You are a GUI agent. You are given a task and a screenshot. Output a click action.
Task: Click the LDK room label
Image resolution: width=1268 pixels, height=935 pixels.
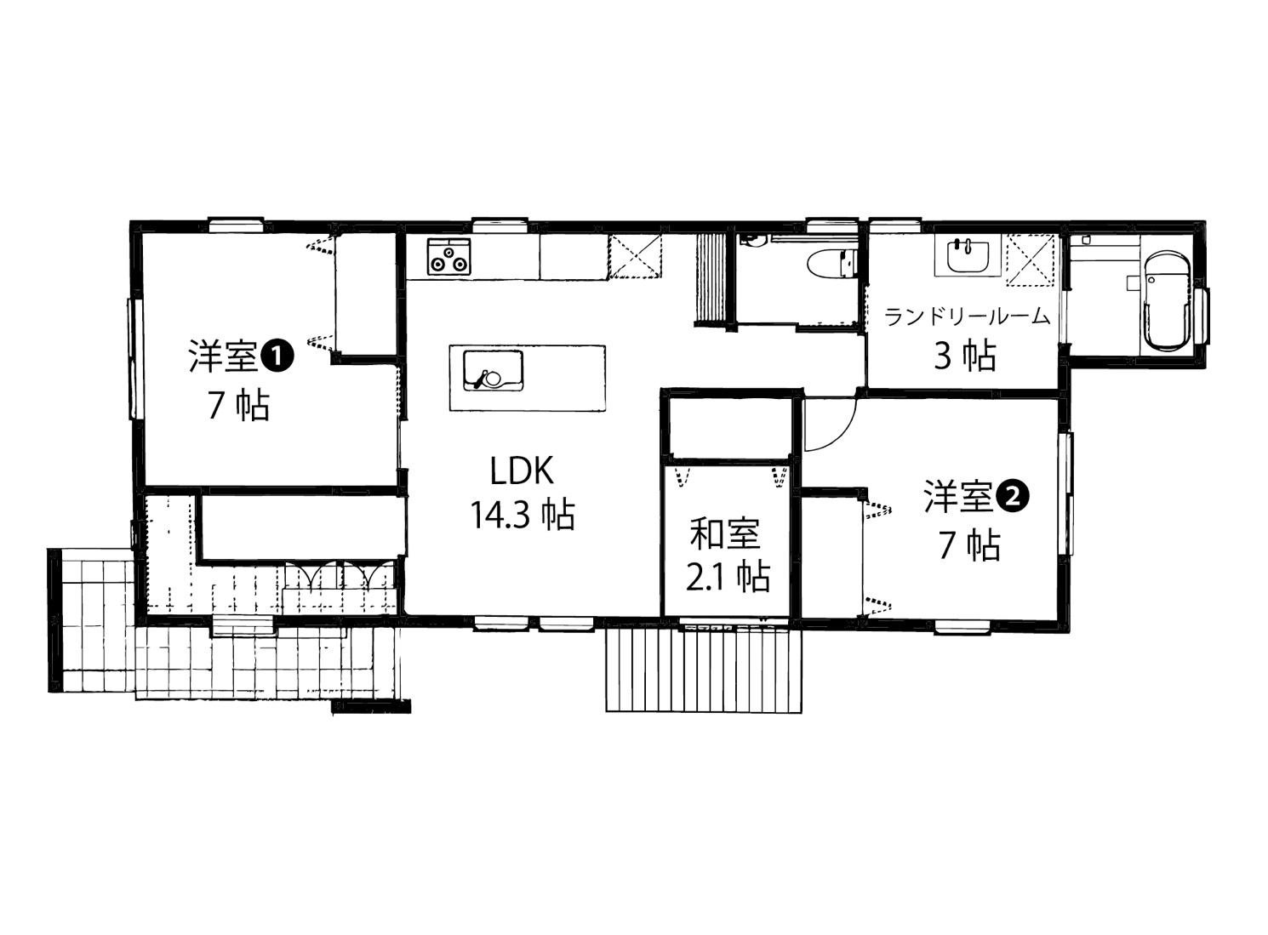[x=522, y=470]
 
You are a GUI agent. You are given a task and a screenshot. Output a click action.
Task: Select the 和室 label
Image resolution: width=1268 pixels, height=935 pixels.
[x=725, y=533]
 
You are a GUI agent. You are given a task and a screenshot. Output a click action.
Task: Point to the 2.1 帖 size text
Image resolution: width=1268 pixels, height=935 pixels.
[x=728, y=577]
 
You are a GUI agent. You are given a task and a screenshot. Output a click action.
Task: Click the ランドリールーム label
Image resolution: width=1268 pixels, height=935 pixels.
[x=967, y=317]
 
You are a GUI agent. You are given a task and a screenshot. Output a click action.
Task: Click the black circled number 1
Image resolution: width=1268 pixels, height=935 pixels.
[x=277, y=356]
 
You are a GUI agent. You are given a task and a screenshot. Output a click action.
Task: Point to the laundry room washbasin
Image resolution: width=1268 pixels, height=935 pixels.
[x=968, y=258]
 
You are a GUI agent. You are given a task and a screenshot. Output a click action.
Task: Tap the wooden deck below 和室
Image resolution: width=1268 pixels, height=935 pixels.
[x=704, y=670]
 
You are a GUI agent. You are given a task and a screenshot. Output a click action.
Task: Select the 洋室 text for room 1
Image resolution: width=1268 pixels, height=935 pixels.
[x=224, y=356]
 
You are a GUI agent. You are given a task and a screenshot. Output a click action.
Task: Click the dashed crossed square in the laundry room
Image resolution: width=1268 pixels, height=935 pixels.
[x=1031, y=259]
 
